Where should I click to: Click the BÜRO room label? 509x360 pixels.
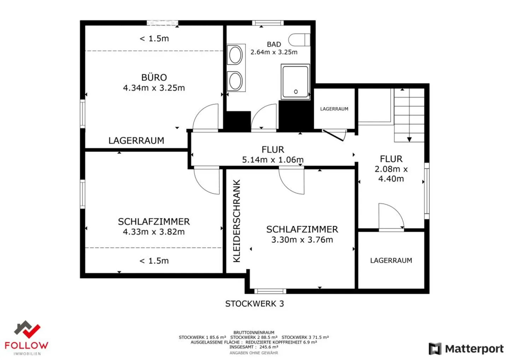click(154, 77)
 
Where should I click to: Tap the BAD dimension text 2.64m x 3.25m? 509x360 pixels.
click(274, 52)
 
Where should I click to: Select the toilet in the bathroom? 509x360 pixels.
click(299, 40)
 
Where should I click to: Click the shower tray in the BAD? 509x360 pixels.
click(295, 82)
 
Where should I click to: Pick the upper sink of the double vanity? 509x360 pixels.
click(235, 55)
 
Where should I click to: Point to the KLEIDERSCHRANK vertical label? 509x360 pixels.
click(237, 221)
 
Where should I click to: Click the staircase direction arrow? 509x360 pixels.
click(409, 139)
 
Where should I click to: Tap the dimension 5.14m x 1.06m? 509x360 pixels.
click(273, 160)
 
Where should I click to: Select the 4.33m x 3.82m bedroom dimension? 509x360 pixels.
click(154, 232)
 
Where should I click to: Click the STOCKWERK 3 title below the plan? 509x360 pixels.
click(255, 304)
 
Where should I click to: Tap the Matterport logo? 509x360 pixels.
click(466, 349)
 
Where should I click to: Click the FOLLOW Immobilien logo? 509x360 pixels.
click(27, 338)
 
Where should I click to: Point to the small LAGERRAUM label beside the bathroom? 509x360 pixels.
click(334, 109)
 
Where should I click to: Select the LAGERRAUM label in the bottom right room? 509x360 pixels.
click(391, 261)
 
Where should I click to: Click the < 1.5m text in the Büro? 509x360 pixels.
click(154, 39)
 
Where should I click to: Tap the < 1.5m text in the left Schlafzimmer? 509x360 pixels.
click(154, 261)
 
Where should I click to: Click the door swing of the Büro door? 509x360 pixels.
click(207, 117)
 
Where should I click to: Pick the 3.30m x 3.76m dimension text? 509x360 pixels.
click(302, 240)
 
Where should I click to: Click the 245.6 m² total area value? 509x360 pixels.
click(268, 347)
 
